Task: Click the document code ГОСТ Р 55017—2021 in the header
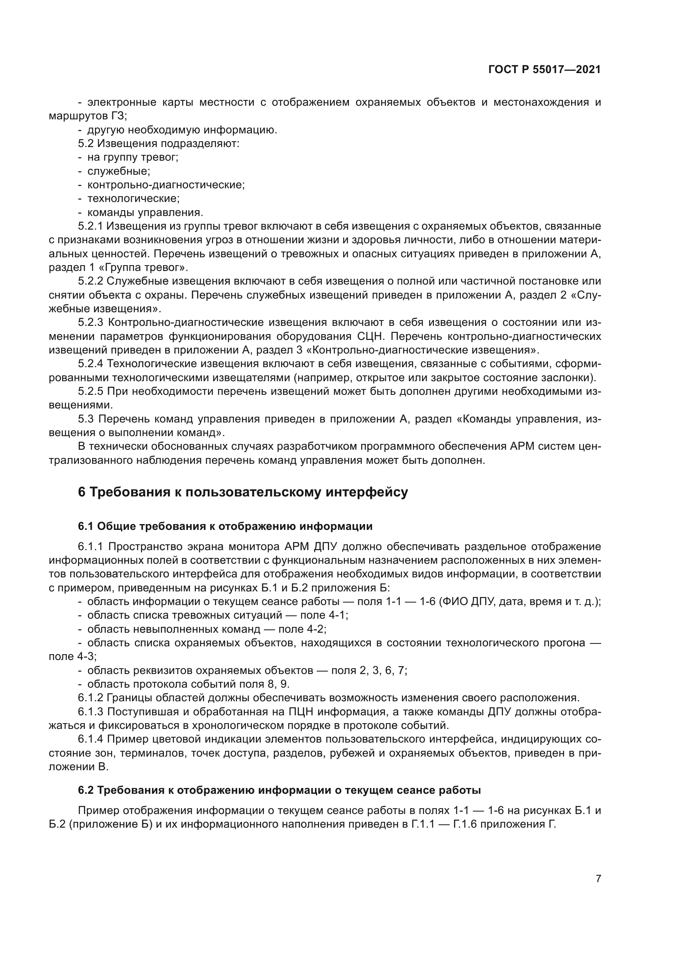(544, 70)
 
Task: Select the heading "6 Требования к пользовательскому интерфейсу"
(243, 492)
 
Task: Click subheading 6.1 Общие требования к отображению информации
(225, 526)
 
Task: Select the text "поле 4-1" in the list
(323, 615)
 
